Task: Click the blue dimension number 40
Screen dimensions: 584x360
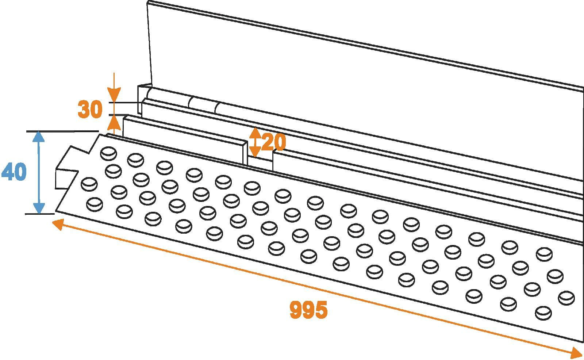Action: coord(14,171)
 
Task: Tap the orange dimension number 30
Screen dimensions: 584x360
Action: coord(90,109)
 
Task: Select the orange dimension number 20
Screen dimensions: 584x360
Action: coord(273,142)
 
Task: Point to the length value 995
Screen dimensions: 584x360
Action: coord(308,309)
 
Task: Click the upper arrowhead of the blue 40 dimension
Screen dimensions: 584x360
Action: coord(39,136)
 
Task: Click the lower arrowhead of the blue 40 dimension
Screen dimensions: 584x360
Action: coord(39,208)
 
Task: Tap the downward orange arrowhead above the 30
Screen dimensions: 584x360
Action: coord(114,95)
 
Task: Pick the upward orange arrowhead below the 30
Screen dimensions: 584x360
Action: coord(114,123)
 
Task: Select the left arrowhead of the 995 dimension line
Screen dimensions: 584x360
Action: coord(58,225)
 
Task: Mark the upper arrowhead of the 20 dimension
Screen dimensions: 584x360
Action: coord(255,133)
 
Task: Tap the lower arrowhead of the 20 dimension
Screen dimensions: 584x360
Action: coord(255,152)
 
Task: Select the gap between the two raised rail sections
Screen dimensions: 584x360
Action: coord(260,161)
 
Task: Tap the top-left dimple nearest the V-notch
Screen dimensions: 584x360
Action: coord(108,153)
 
